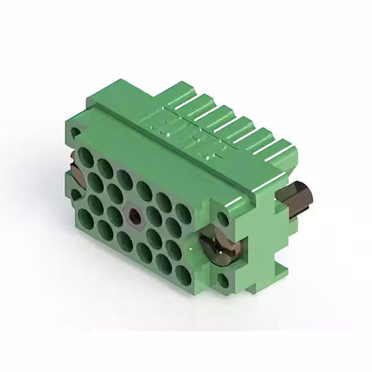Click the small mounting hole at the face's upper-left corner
click(74, 134)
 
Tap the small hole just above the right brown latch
click(223, 219)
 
